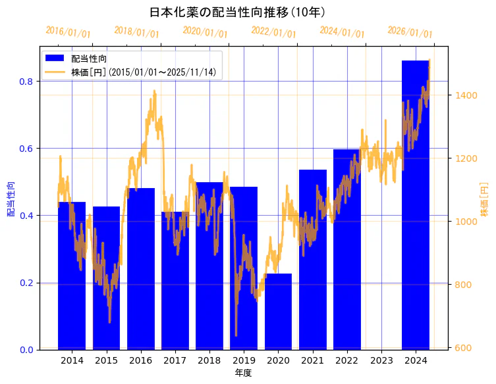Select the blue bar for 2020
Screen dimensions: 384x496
(x=278, y=312)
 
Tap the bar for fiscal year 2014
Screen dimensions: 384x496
(x=72, y=276)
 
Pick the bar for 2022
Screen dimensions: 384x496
(x=346, y=249)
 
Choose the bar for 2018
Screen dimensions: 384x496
(x=209, y=266)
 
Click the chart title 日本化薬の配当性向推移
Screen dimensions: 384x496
(x=237, y=12)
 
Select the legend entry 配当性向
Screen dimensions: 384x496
(x=89, y=59)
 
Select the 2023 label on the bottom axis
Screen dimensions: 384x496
(x=381, y=361)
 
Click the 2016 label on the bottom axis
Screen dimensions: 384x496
(x=140, y=361)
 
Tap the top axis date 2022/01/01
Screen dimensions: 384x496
(x=273, y=32)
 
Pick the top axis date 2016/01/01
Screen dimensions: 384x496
(x=68, y=32)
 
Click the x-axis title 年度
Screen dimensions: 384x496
(x=244, y=373)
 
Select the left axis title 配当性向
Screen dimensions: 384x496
(x=11, y=199)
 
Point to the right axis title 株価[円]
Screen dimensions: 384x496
(x=485, y=199)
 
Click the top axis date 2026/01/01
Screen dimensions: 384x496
(x=410, y=32)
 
